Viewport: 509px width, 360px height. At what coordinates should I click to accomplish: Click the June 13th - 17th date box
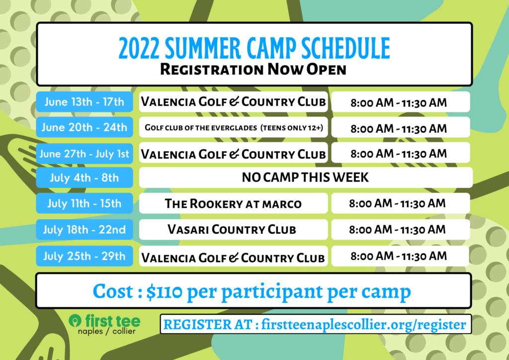(85, 101)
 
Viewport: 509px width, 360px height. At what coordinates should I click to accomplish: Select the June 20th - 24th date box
(85, 127)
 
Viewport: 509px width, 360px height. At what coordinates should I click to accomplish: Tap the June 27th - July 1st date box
(85, 153)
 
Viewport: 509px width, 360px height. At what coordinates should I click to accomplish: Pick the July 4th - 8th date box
(85, 178)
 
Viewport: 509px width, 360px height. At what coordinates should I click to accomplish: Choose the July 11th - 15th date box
(85, 203)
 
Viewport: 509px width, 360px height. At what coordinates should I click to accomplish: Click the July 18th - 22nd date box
(85, 230)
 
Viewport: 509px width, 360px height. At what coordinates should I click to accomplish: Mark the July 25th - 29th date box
(85, 256)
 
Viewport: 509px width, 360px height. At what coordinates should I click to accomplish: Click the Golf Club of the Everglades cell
(234, 127)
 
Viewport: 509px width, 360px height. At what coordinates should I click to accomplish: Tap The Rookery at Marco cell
(234, 203)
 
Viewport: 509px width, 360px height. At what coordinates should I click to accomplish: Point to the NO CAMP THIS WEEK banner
(306, 178)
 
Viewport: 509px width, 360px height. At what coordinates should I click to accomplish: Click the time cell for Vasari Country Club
(401, 230)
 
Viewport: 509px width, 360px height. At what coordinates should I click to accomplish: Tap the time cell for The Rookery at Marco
(401, 203)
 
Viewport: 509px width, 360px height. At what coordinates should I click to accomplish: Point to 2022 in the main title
(139, 48)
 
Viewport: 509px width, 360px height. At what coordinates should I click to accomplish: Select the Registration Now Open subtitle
(254, 69)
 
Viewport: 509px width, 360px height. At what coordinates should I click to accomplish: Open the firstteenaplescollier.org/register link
(363, 324)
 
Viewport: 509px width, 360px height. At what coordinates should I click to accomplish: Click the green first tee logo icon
(75, 321)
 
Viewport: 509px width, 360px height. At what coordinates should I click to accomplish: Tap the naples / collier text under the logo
(106, 331)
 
